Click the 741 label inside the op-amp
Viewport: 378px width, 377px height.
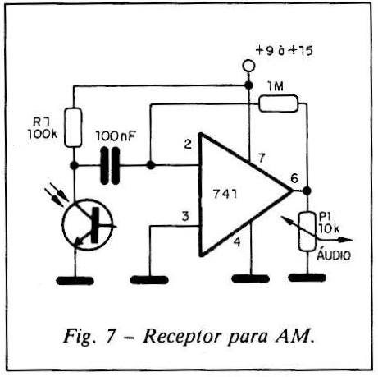click(225, 194)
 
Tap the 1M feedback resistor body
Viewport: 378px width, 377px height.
click(278, 103)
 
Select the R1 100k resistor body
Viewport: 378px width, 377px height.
click(73, 127)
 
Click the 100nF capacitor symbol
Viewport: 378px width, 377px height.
click(111, 165)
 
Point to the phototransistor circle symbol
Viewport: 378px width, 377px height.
click(88, 224)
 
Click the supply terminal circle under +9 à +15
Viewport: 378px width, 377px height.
click(248, 67)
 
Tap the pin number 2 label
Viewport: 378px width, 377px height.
click(188, 144)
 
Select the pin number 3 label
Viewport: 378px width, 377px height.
click(185, 216)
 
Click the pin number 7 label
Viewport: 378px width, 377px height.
click(262, 158)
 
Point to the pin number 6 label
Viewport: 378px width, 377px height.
click(294, 178)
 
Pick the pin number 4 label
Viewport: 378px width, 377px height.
click(237, 241)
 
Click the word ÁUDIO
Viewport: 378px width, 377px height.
click(334, 255)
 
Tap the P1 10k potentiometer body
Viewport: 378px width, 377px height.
click(307, 232)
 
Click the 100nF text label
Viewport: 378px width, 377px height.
click(116, 136)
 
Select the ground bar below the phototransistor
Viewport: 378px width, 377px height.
click(75, 281)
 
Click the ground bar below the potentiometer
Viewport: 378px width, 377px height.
click(307, 278)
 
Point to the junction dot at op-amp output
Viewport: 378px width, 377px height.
click(307, 191)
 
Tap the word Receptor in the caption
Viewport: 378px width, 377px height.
click(181, 336)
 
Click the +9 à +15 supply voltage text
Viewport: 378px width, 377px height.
click(284, 51)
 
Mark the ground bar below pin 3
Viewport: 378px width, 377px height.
click(149, 280)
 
